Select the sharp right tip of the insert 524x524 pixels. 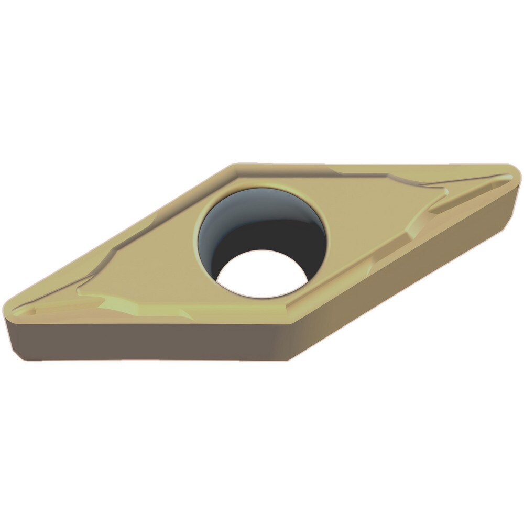coord(519,173)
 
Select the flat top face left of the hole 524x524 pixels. coord(152,262)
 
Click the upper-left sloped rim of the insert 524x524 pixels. coord(131,231)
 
